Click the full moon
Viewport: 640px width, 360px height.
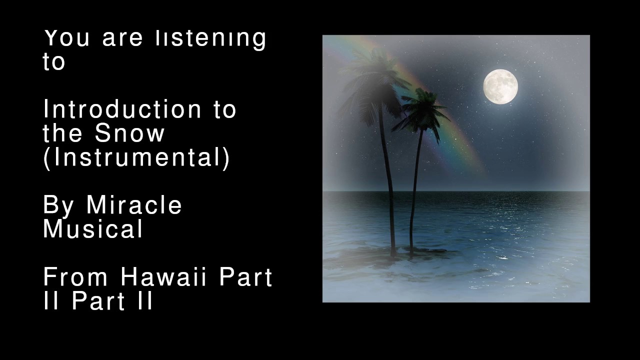(500, 86)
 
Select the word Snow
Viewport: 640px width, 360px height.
(129, 133)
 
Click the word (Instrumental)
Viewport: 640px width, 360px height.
(136, 157)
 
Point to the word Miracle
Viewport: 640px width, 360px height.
(134, 205)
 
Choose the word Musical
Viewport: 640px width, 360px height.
(93, 229)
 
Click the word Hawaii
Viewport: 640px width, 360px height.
(163, 277)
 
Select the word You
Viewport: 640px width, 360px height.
(67, 38)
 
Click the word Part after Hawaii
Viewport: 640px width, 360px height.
(245, 277)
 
